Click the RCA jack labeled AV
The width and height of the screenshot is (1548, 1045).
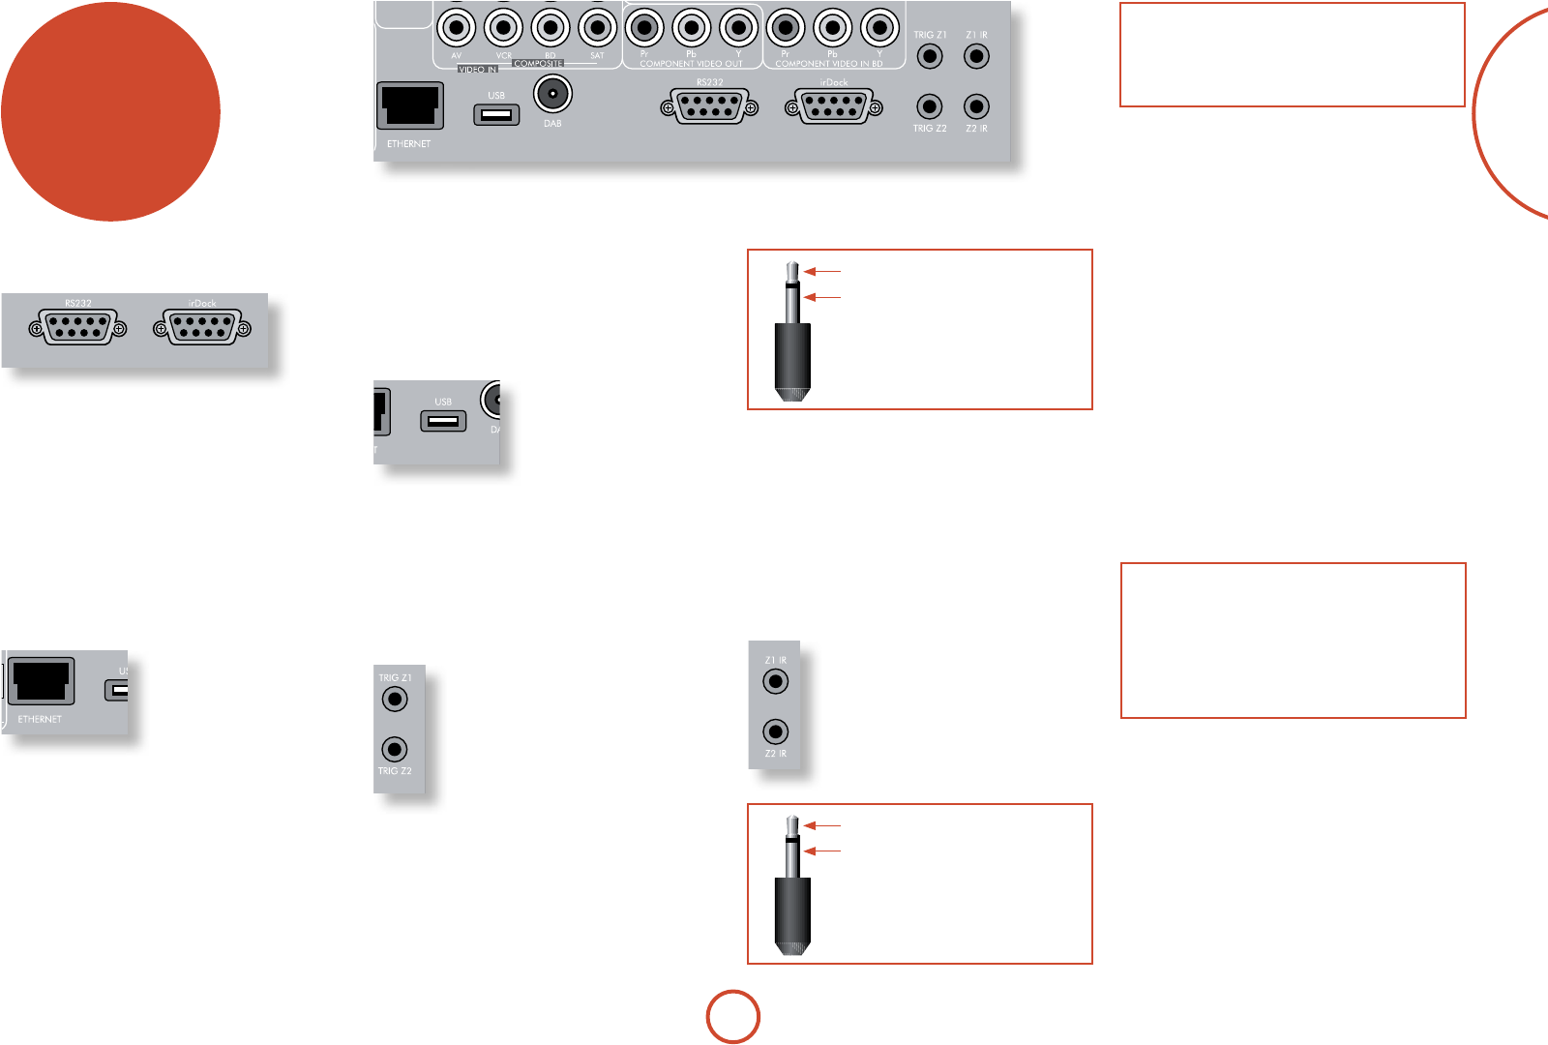pyautogui.click(x=456, y=28)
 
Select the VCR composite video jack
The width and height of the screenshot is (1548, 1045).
pyautogui.click(x=503, y=28)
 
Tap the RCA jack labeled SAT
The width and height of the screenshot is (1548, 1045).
pyautogui.click(x=597, y=28)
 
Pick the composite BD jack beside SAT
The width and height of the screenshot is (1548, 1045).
pyautogui.click(x=551, y=28)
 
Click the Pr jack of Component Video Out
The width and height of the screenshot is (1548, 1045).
pyautogui.click(x=644, y=28)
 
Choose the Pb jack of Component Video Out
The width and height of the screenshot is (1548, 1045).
pyautogui.click(x=692, y=28)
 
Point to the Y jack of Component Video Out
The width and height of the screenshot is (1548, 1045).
pyautogui.click(x=739, y=28)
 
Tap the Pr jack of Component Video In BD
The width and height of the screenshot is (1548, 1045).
pyautogui.click(x=786, y=28)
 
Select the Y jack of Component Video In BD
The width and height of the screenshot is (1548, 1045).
pyautogui.click(x=879, y=28)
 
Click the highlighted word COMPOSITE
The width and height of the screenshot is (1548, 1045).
pyautogui.click(x=539, y=64)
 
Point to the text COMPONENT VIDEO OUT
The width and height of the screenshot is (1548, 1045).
pyautogui.click(x=691, y=64)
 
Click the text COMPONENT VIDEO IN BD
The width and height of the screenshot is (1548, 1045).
pyautogui.click(x=829, y=64)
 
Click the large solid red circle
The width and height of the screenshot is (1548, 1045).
pyautogui.click(x=110, y=111)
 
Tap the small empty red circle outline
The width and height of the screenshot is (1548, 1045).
pyautogui.click(x=733, y=1017)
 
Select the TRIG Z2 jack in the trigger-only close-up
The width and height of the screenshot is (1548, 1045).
pyautogui.click(x=395, y=749)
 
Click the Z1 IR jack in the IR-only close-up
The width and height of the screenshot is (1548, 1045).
pyautogui.click(x=775, y=681)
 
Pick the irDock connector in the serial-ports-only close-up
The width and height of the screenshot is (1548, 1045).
pyautogui.click(x=202, y=329)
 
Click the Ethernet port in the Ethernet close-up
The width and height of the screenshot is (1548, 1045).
pyautogui.click(x=41, y=682)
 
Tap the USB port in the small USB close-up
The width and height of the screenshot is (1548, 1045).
pyautogui.click(x=443, y=421)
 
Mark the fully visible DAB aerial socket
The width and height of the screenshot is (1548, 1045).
pyautogui.click(x=552, y=95)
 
